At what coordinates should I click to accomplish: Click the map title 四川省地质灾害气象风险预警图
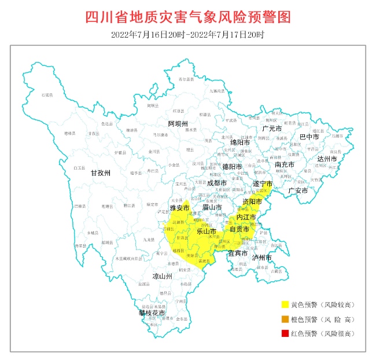(x=188, y=16)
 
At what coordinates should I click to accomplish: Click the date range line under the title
(x=188, y=35)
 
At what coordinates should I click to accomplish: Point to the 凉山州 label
(x=163, y=277)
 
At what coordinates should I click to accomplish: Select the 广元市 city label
(x=271, y=128)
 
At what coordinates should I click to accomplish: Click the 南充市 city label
(x=284, y=164)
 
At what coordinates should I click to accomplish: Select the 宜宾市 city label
(x=237, y=253)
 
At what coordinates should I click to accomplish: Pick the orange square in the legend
(x=285, y=319)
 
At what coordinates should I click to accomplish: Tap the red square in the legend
(x=285, y=333)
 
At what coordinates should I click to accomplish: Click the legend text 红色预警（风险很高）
(x=322, y=333)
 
